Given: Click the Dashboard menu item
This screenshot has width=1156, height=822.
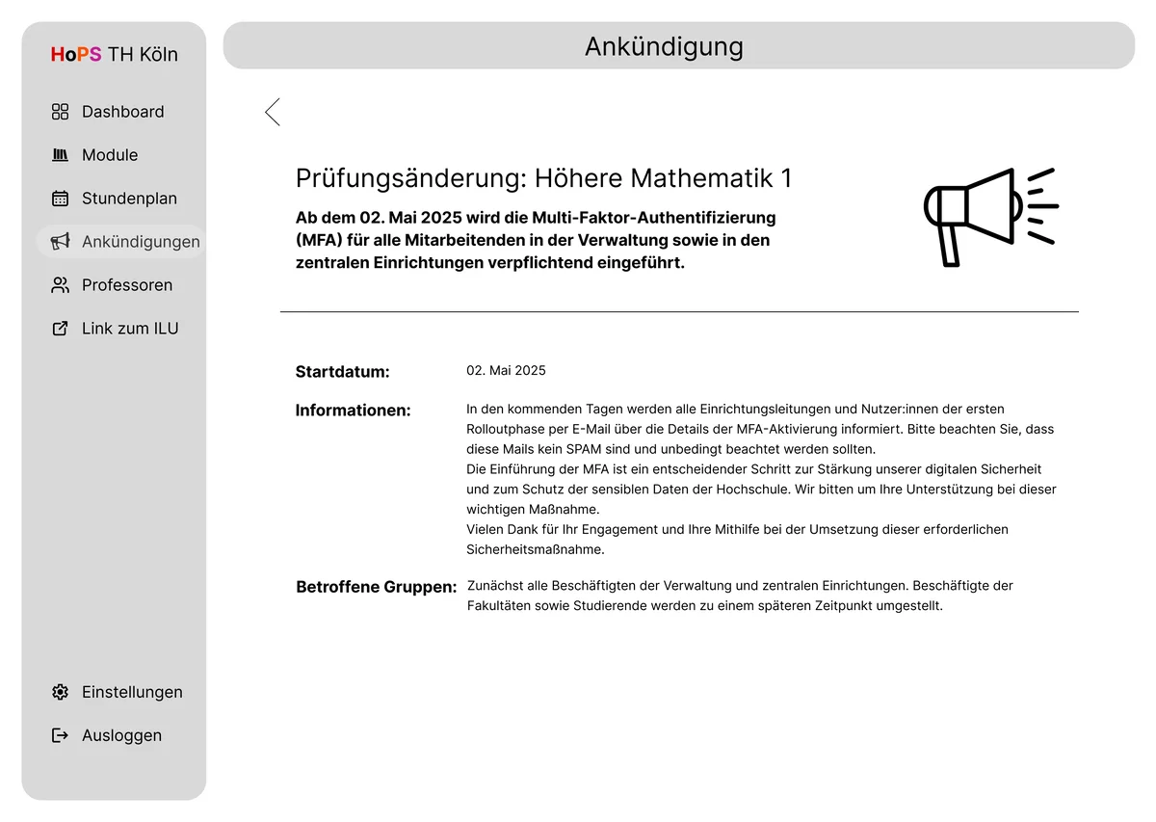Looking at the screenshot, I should tap(121, 112).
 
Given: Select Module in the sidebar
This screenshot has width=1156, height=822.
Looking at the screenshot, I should tap(109, 155).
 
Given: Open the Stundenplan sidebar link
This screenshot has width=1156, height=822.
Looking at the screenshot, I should tap(128, 199).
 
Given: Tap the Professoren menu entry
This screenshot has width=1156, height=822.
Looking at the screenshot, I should tap(126, 285).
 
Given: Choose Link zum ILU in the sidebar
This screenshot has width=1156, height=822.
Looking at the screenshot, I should tap(129, 329).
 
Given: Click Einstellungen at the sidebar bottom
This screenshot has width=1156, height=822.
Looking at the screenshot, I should tap(131, 692).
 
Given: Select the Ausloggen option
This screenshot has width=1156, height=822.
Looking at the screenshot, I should tap(120, 735).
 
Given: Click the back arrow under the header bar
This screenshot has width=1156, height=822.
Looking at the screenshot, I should tap(273, 112).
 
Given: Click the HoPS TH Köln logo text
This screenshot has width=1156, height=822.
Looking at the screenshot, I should tap(114, 55).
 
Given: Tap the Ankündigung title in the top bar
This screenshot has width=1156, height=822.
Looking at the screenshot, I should tap(664, 46).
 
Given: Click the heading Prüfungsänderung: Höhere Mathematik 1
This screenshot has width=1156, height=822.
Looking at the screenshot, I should tap(543, 178).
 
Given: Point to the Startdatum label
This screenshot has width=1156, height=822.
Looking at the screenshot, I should tap(342, 372).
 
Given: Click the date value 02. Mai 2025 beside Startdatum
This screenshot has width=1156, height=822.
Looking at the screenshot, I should tap(506, 371).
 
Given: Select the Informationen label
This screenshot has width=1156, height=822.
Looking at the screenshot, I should tap(353, 411).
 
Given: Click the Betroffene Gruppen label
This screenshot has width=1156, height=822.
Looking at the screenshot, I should tap(376, 587).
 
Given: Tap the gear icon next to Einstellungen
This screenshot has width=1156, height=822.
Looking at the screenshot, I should tap(60, 692).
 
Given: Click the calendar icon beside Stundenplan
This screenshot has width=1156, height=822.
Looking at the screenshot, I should tap(60, 199).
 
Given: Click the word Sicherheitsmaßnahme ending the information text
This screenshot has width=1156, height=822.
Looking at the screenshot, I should tap(535, 550).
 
